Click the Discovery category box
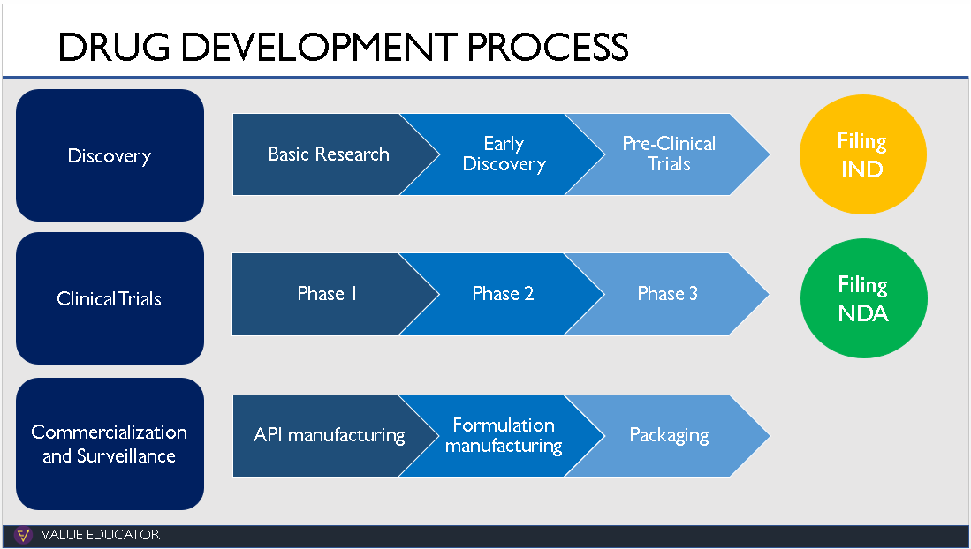coord(110,155)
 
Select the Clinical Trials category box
coord(110,298)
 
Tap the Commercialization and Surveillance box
coord(110,444)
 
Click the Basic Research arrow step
coord(328,154)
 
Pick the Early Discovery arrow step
coord(504,154)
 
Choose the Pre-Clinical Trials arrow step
coord(669,154)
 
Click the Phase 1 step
coord(327,294)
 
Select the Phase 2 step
coord(503,294)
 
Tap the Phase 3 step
coord(668,294)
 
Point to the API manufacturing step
coord(328,436)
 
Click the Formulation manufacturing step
coord(504,436)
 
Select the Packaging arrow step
coord(669,436)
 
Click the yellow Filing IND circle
coord(862,154)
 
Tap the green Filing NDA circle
coord(863,298)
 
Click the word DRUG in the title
coord(114,47)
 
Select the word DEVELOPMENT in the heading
coord(319,47)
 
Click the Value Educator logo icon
coord(23,535)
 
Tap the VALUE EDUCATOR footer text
coord(101,535)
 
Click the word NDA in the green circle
coord(863,313)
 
